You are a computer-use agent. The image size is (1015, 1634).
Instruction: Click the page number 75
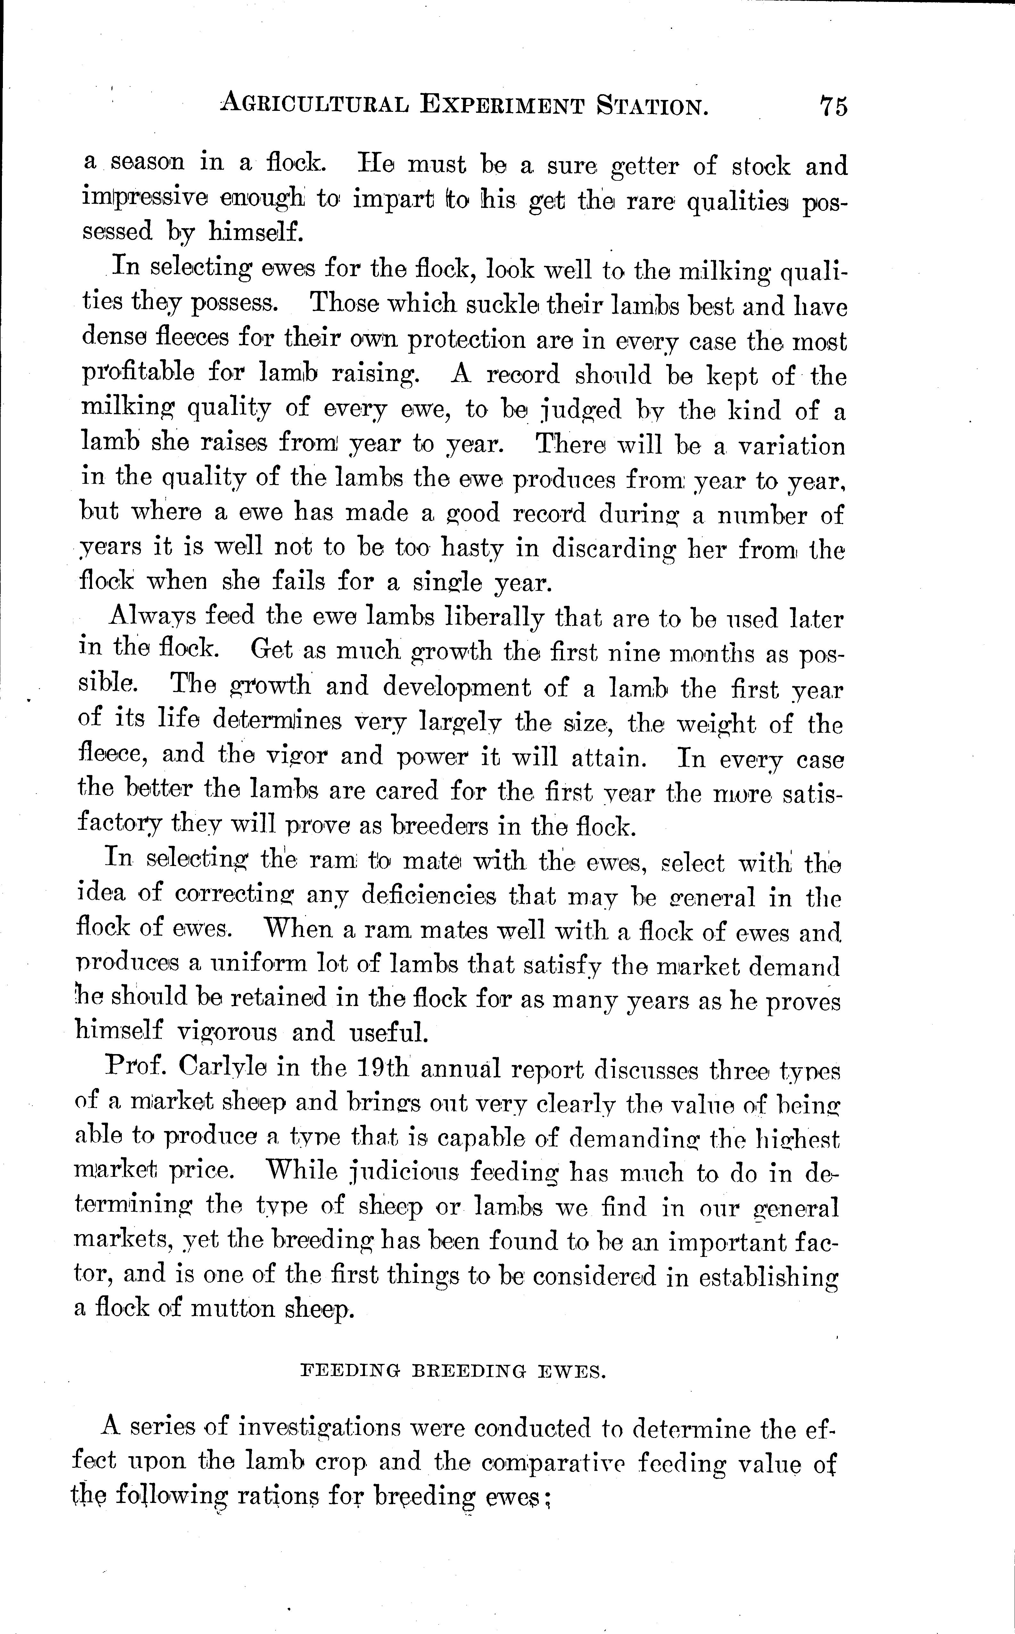(x=833, y=106)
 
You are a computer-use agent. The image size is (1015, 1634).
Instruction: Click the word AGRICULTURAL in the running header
(x=314, y=104)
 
